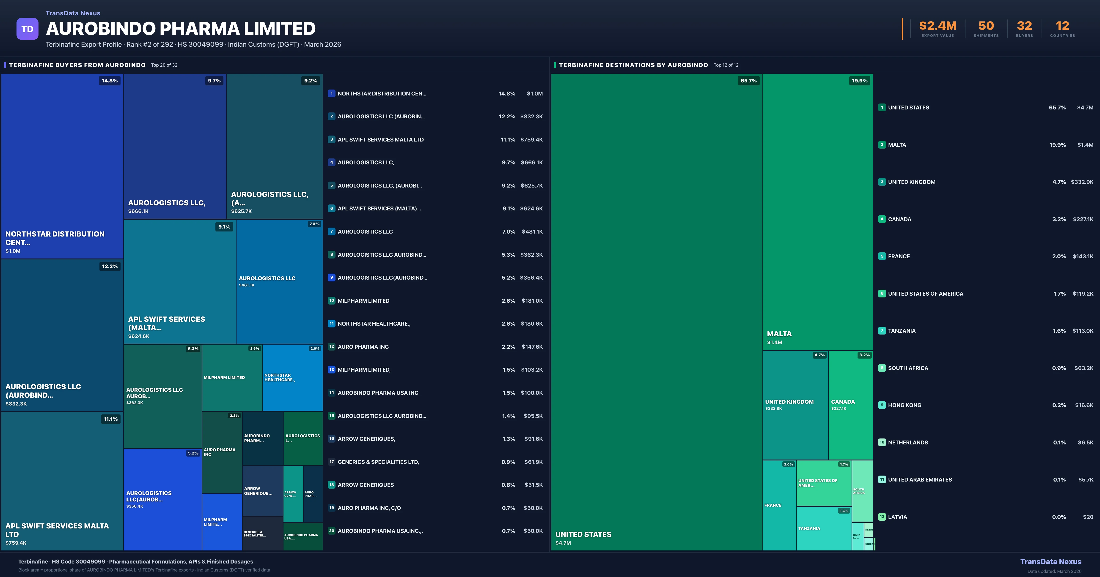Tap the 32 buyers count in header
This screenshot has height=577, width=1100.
(1024, 26)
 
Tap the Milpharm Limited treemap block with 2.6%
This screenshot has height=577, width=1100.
(232, 378)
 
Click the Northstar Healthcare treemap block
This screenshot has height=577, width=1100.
(292, 378)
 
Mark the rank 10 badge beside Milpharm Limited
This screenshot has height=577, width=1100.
(331, 300)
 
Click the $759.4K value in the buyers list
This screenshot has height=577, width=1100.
(531, 139)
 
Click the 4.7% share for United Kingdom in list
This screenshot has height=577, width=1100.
(1059, 182)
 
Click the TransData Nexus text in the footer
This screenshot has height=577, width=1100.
(1050, 562)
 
